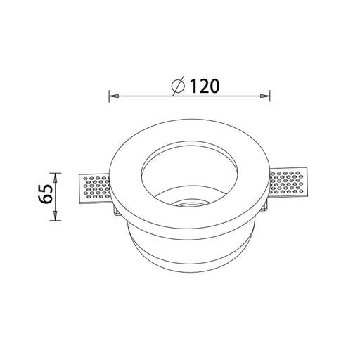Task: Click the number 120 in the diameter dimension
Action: point(205,86)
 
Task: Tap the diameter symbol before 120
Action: point(178,86)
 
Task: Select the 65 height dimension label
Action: point(45,194)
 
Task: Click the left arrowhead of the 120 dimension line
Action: point(114,96)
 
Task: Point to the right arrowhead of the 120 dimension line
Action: point(264,96)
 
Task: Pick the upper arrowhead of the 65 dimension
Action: point(56,178)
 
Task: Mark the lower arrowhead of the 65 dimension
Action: point(56,216)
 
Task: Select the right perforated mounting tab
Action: point(288,183)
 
